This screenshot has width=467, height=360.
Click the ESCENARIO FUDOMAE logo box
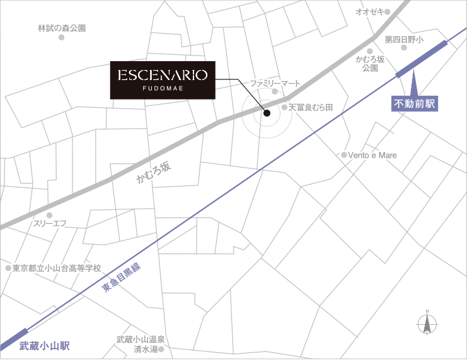point(163,79)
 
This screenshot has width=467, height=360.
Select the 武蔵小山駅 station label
point(43,346)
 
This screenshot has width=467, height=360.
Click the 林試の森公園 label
point(62,28)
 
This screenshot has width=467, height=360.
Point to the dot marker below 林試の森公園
point(62,38)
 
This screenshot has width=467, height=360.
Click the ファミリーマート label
point(275,83)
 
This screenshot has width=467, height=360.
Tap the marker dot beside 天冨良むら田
point(284,108)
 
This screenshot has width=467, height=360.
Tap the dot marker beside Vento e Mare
point(344,154)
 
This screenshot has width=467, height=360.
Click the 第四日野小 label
point(404,39)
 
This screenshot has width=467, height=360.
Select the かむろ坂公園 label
point(370,63)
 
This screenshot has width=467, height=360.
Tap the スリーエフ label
point(50,223)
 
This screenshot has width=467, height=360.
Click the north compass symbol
point(427,323)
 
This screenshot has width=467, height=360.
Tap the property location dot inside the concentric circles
point(266,114)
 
